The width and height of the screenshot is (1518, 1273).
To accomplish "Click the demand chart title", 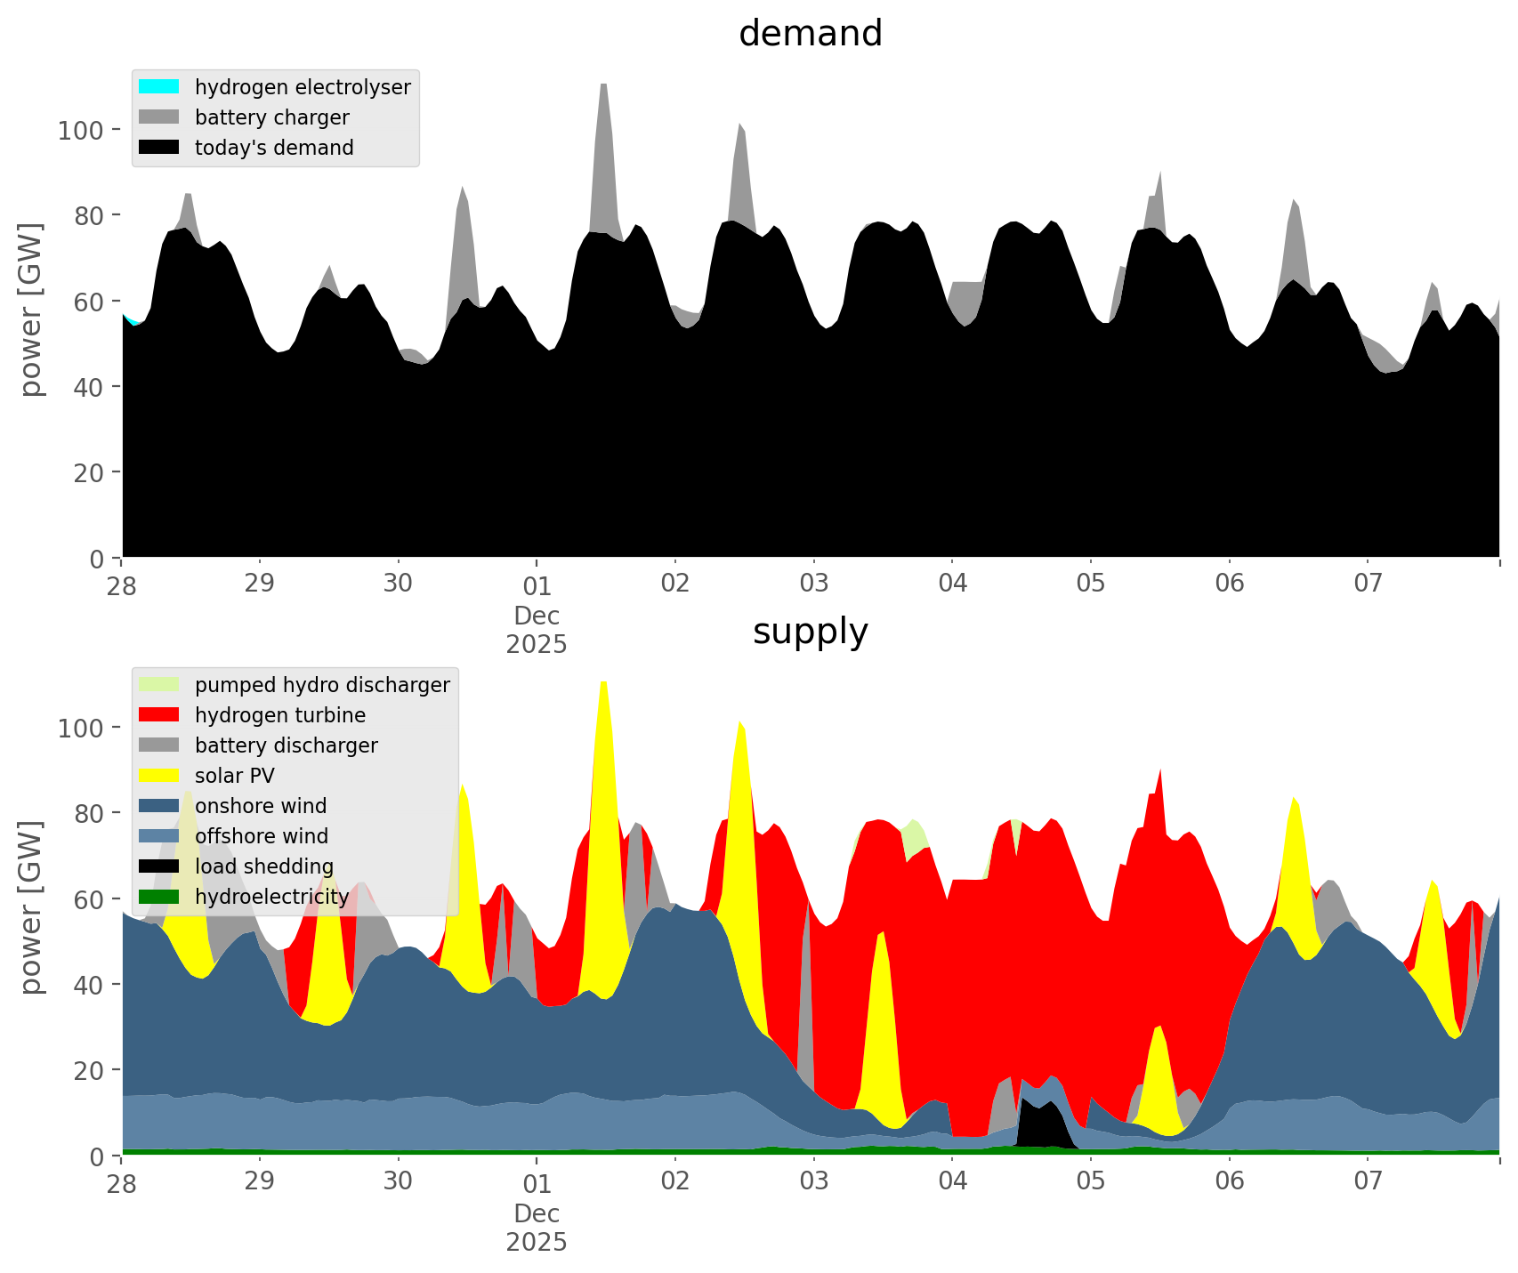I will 810,34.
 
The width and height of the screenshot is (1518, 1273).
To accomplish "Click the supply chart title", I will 810,632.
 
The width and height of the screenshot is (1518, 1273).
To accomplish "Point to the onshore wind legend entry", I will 260,806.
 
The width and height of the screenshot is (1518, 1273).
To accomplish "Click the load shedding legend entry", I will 263,866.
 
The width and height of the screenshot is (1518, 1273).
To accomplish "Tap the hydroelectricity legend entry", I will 271,897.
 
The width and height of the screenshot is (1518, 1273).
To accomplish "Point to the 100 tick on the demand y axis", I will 81,131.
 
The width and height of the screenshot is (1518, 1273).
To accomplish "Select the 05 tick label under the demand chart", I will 1090,584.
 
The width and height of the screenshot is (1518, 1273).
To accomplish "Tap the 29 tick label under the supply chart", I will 260,1181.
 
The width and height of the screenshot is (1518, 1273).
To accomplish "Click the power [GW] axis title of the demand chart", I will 30,310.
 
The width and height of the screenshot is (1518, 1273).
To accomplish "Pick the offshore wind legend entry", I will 261,836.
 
